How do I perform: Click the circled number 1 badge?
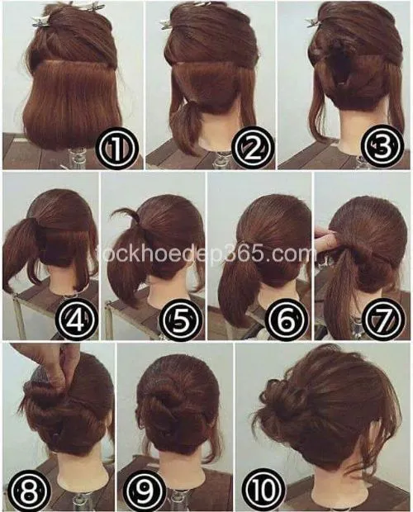117,148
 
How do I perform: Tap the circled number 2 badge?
252,148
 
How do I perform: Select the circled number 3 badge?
382,146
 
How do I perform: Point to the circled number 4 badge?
76,319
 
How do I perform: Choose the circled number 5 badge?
181,319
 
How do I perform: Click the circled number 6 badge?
287,319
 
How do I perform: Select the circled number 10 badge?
263,489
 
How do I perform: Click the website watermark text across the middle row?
206,254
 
